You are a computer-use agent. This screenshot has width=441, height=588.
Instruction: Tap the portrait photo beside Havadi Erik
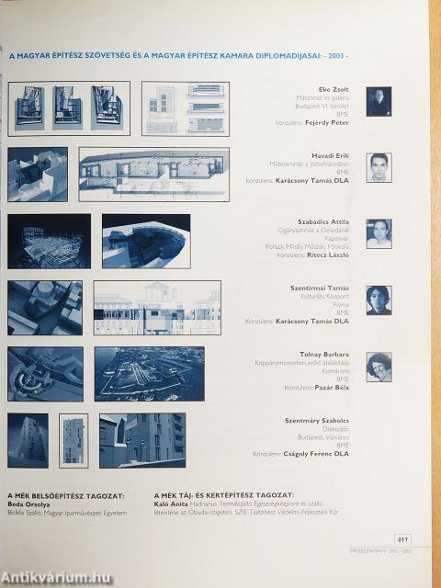point(379,167)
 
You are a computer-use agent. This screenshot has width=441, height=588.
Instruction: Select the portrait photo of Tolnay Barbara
point(379,367)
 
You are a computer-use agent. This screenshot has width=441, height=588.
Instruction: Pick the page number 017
point(402,539)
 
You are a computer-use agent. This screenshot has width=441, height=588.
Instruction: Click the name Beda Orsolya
point(27,503)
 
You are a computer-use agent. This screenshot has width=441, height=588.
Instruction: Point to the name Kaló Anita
point(172,503)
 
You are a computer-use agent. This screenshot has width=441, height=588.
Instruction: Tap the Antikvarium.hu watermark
point(55,576)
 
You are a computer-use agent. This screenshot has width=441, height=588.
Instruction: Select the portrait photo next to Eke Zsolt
point(379,101)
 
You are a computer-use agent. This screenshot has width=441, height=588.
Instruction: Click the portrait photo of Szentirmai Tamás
point(379,300)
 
